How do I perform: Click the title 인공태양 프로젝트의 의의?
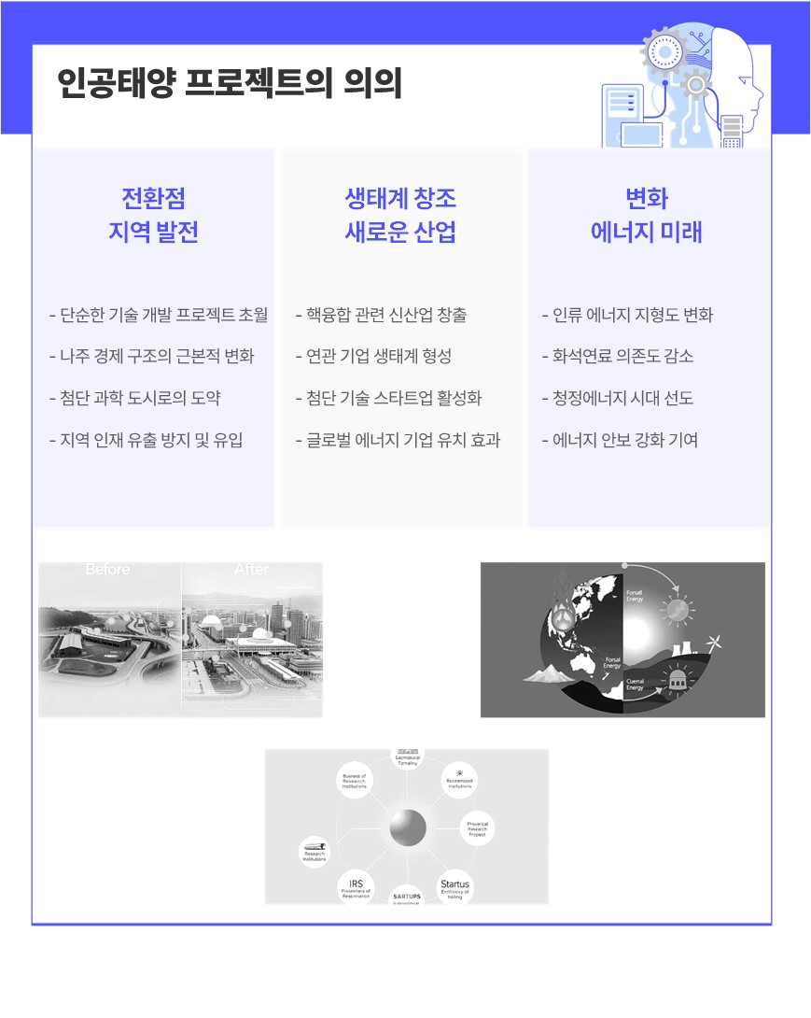pos(230,84)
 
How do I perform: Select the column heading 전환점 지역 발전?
pos(154,215)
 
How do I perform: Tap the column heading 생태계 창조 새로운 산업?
pos(400,215)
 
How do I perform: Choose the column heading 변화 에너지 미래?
pos(647,215)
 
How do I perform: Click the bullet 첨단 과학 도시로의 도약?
pos(140,398)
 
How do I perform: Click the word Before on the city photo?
pos(108,570)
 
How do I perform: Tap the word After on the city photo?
pos(251,570)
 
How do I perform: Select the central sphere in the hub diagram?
pos(408,827)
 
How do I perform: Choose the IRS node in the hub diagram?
pos(356,886)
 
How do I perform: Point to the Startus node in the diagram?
pos(455,886)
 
